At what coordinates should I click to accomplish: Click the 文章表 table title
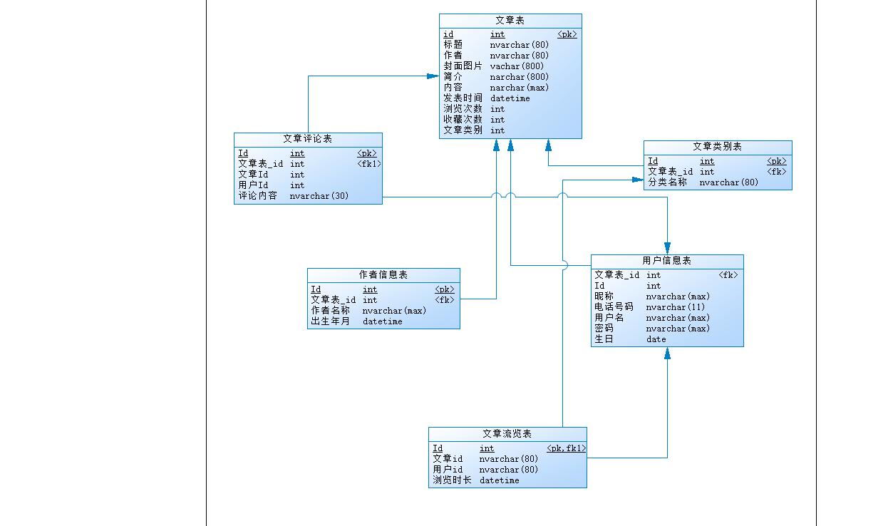point(510,20)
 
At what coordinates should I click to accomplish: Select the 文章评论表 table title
point(307,139)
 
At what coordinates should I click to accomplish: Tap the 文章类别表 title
point(717,147)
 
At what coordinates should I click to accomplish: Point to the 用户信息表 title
point(666,261)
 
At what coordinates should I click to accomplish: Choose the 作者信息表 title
point(383,275)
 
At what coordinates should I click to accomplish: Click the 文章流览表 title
point(507,433)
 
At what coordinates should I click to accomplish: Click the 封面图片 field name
point(463,66)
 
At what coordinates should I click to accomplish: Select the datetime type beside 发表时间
point(510,98)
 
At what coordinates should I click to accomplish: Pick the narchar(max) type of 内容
point(519,88)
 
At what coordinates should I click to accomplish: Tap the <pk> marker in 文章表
point(567,34)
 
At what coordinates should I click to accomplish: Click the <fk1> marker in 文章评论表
point(368,164)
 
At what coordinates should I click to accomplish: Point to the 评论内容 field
point(257,196)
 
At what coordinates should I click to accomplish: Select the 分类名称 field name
point(667,182)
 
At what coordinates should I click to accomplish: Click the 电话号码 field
point(614,307)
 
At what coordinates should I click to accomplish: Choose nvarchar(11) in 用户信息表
point(675,307)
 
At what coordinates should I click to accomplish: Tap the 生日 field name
point(604,339)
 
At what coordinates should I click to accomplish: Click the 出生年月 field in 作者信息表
point(330,321)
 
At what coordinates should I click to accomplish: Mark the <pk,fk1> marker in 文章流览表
point(566,448)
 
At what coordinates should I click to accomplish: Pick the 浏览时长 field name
point(452,480)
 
